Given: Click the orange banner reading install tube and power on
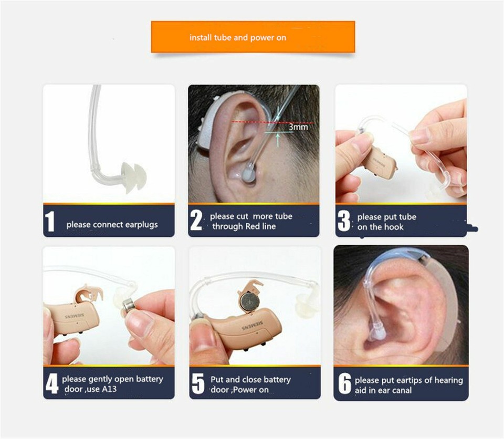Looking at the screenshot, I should pos(253,37).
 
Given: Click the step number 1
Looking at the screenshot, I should pos(50,222).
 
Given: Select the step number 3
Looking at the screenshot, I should pos(344,221).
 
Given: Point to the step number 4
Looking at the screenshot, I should pos(51,384).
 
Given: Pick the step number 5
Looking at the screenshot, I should pos(197,384).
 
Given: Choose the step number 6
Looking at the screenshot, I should pos(344,384).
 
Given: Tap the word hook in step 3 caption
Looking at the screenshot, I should pos(394,227).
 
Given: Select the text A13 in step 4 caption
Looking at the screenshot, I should pos(108,389).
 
